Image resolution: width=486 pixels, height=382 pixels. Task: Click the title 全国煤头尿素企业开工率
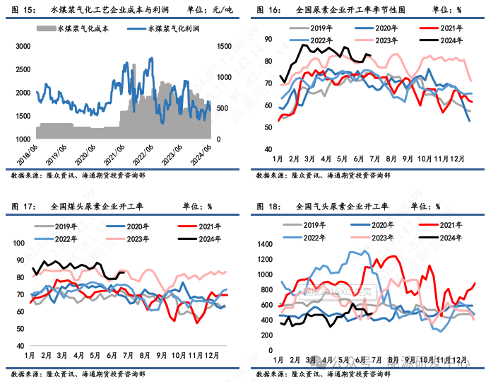point(97,207)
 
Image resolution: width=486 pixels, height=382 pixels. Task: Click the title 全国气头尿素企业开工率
point(342,207)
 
